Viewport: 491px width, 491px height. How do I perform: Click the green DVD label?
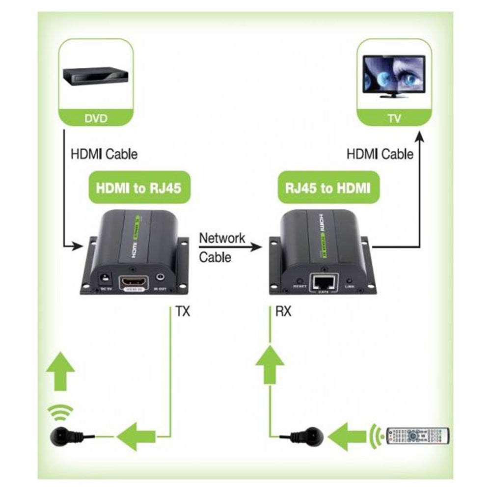(x=95, y=118)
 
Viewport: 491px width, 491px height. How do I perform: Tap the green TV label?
(x=394, y=118)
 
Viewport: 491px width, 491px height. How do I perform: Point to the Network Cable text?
(x=221, y=247)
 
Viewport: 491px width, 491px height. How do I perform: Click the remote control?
(x=417, y=435)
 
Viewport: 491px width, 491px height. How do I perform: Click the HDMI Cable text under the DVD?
(x=104, y=154)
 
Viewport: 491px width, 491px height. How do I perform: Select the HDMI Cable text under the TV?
(x=380, y=154)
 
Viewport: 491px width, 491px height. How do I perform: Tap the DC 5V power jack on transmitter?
(x=104, y=278)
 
